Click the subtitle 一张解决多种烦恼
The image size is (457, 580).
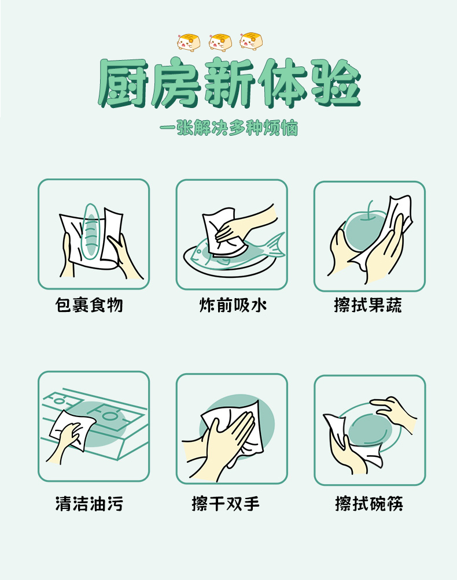(228, 128)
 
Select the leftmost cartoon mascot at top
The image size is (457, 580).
(187, 42)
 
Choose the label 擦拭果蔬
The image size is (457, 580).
(368, 305)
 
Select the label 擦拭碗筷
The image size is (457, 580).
(368, 504)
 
